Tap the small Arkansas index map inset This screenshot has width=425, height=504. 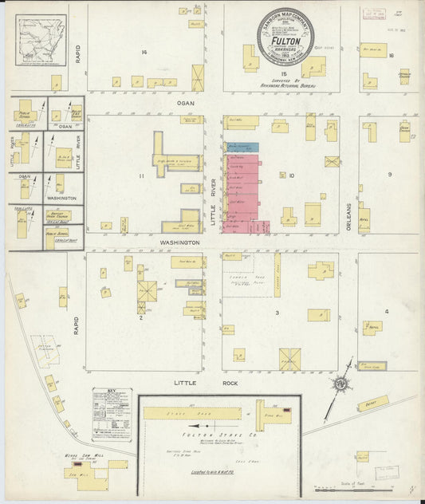click(41, 42)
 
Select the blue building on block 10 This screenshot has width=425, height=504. click(242, 148)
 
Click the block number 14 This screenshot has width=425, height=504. click(144, 53)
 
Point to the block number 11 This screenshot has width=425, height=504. click(142, 175)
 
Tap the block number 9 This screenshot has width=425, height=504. click(389, 174)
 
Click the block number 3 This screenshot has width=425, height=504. click(277, 313)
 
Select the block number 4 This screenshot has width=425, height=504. click(388, 311)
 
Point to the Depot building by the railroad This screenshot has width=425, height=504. click(372, 404)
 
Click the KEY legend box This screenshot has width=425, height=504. click(112, 414)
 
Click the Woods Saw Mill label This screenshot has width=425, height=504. click(81, 456)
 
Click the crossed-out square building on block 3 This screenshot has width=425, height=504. click(289, 359)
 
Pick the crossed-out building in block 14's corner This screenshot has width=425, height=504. click(198, 78)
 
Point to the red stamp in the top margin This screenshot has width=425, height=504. click(372, 13)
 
